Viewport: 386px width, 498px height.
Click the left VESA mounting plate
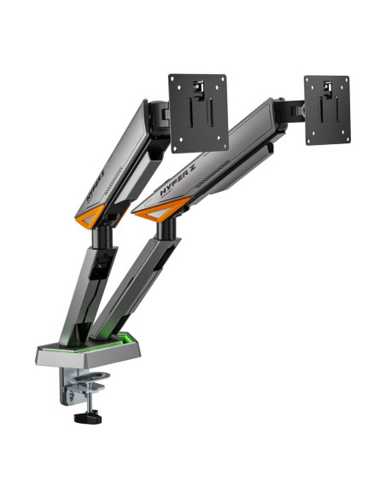198,113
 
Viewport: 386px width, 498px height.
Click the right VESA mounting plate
327,110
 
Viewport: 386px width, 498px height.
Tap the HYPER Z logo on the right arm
178,181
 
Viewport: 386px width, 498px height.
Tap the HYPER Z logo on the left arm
96,187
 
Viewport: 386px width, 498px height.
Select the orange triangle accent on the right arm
162,209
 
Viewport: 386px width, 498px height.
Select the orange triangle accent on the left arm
90,217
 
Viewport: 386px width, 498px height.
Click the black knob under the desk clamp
88,418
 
